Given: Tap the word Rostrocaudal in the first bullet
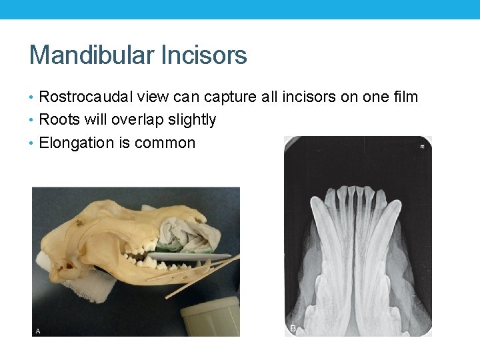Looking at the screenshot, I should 87,97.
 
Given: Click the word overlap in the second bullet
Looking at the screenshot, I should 137,120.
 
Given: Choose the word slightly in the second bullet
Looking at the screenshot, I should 191,120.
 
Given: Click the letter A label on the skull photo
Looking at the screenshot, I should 38,331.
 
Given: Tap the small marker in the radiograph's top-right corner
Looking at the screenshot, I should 423,145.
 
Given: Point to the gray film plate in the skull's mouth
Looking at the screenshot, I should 190,256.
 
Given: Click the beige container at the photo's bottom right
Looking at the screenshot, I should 210,317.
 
